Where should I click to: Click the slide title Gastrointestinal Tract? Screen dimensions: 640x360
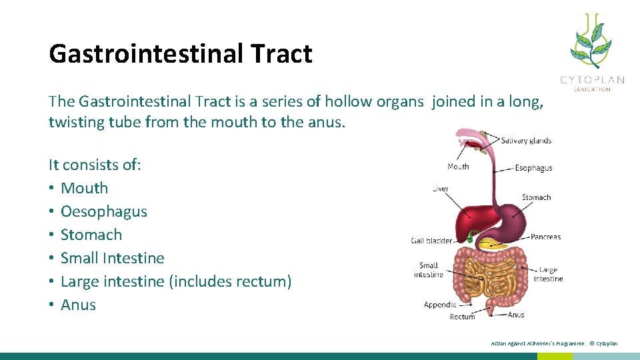(x=180, y=54)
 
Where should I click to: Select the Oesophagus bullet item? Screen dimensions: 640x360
(x=103, y=211)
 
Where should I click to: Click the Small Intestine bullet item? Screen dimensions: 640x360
(x=112, y=258)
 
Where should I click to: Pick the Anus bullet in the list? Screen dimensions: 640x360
(x=78, y=305)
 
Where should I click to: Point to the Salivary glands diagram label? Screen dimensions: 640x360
(x=526, y=141)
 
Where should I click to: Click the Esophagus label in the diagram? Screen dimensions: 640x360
(x=533, y=168)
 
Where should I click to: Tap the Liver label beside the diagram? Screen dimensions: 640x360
(x=441, y=189)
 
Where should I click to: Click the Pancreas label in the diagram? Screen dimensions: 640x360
(x=545, y=237)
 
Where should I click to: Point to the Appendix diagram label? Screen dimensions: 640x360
(x=440, y=305)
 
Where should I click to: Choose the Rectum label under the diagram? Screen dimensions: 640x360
(x=462, y=317)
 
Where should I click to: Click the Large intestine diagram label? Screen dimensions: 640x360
(x=548, y=274)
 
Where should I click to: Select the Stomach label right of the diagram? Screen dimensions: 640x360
(x=536, y=197)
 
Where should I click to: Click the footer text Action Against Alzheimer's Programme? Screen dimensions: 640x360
(x=537, y=343)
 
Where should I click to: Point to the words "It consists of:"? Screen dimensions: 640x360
(x=95, y=165)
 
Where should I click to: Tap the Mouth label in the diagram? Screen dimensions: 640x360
(x=458, y=167)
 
